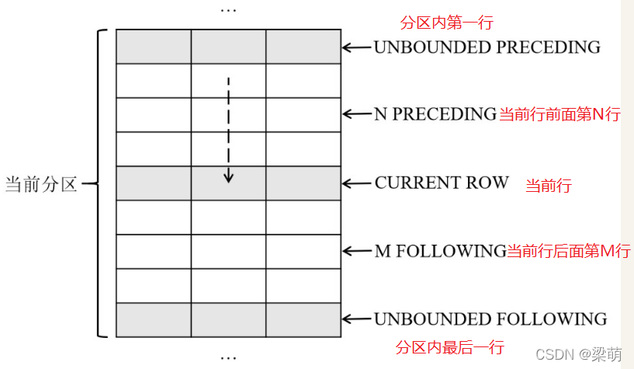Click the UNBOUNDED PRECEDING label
coord(487,47)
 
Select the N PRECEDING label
coord(435,114)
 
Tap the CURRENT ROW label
coord(442,183)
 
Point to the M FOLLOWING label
coord(440,251)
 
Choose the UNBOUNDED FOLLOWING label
coord(490,319)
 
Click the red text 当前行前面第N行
coord(559,115)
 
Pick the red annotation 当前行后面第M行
coord(569,251)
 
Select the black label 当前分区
coord(41,185)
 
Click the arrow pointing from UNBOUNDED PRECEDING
coord(356,47)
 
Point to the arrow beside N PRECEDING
coord(356,114)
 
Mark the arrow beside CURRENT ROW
coord(356,183)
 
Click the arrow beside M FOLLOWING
coord(356,251)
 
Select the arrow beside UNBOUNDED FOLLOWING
coord(356,319)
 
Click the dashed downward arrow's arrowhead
coord(228,178)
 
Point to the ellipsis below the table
coord(228,358)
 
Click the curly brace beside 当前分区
coord(99,184)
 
